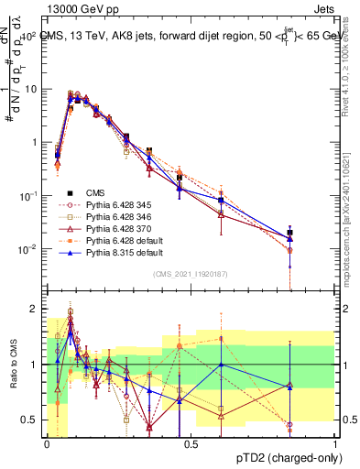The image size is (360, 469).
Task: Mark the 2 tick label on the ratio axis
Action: (33, 309)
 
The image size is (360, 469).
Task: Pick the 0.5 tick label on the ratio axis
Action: (29, 420)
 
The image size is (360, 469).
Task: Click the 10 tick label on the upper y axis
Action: (29, 89)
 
